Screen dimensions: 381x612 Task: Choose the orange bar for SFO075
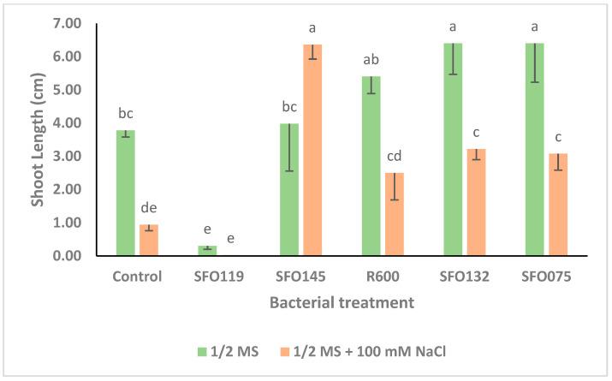pyautogui.click(x=558, y=205)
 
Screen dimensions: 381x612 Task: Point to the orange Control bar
pyautogui.click(x=149, y=241)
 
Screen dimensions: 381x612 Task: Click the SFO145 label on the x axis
pyautogui.click(x=300, y=277)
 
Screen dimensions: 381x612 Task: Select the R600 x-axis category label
pyautogui.click(x=383, y=277)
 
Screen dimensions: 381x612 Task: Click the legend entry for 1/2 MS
pyautogui.click(x=229, y=351)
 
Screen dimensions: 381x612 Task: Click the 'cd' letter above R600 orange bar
pyautogui.click(x=395, y=156)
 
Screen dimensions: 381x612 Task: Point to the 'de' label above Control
pyautogui.click(x=149, y=208)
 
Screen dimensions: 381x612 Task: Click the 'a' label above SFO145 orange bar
pyautogui.click(x=312, y=28)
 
